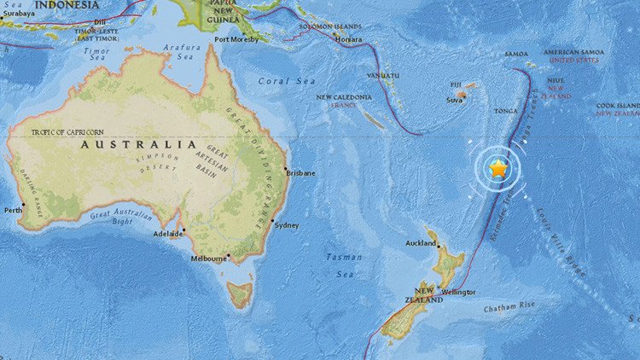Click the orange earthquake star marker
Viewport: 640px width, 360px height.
pos(498,169)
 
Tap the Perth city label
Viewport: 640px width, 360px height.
pos(13,209)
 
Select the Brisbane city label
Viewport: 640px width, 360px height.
pos(300,173)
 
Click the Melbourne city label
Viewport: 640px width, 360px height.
pos(208,258)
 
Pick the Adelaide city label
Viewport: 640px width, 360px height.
pos(167,233)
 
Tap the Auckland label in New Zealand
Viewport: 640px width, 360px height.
pos(422,243)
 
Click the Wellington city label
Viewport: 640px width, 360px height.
pos(458,292)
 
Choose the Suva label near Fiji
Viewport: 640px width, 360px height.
pos(455,101)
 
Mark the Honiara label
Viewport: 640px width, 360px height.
pos(350,39)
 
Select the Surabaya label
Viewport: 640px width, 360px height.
pos(19,14)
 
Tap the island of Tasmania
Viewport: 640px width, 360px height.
pos(241,294)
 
